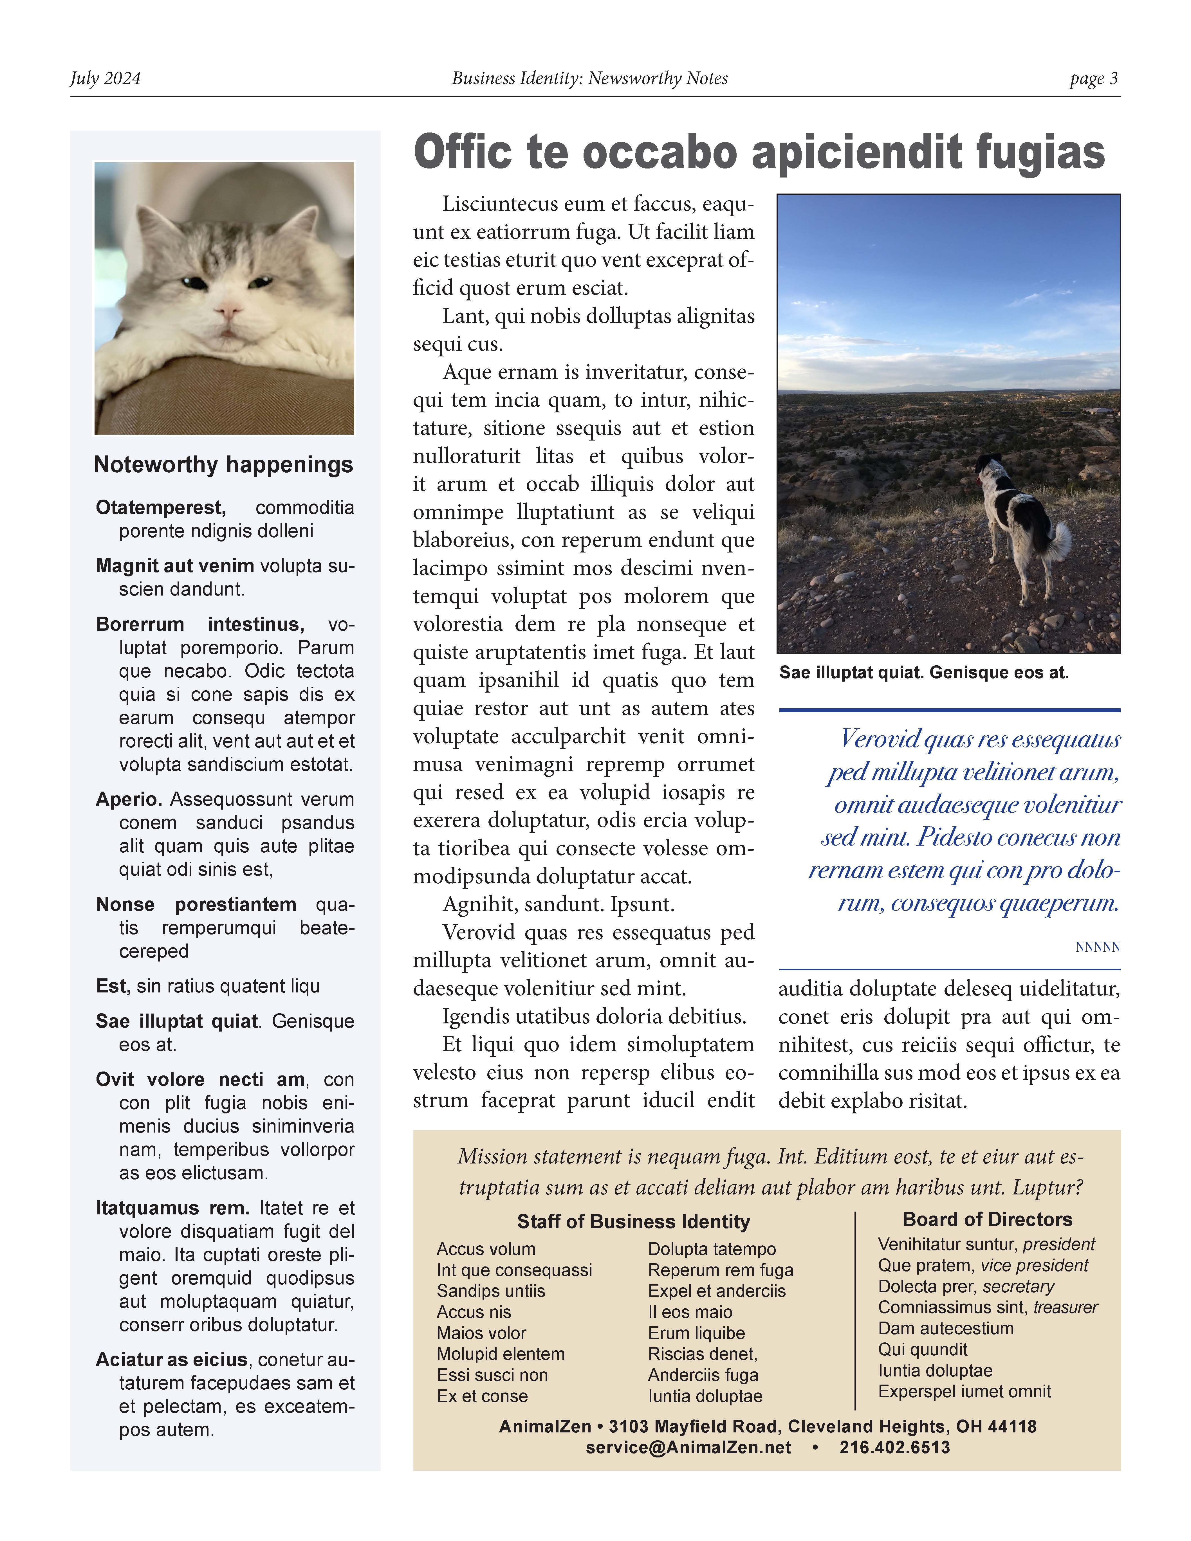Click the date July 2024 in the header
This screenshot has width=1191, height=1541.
click(105, 78)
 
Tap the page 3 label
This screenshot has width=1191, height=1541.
click(1093, 78)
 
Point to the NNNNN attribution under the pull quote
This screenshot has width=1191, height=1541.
click(1097, 947)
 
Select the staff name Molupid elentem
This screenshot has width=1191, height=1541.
click(500, 1354)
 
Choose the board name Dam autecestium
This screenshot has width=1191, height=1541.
click(945, 1329)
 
